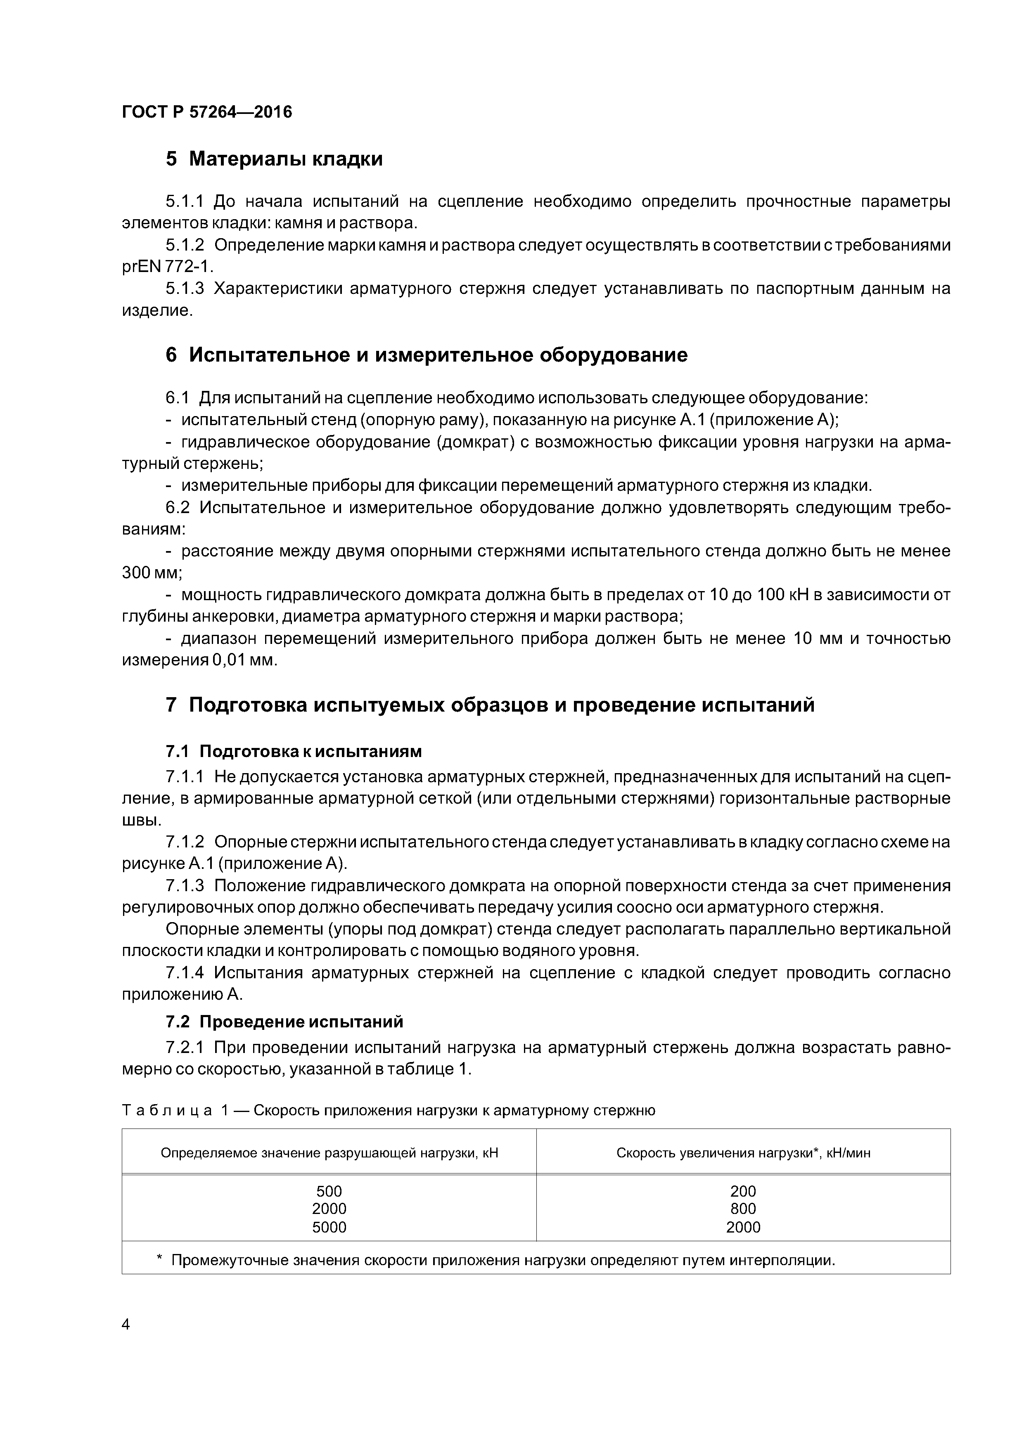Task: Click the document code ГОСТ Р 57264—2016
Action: pyautogui.click(x=207, y=112)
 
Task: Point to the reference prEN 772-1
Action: pyautogui.click(x=167, y=267)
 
